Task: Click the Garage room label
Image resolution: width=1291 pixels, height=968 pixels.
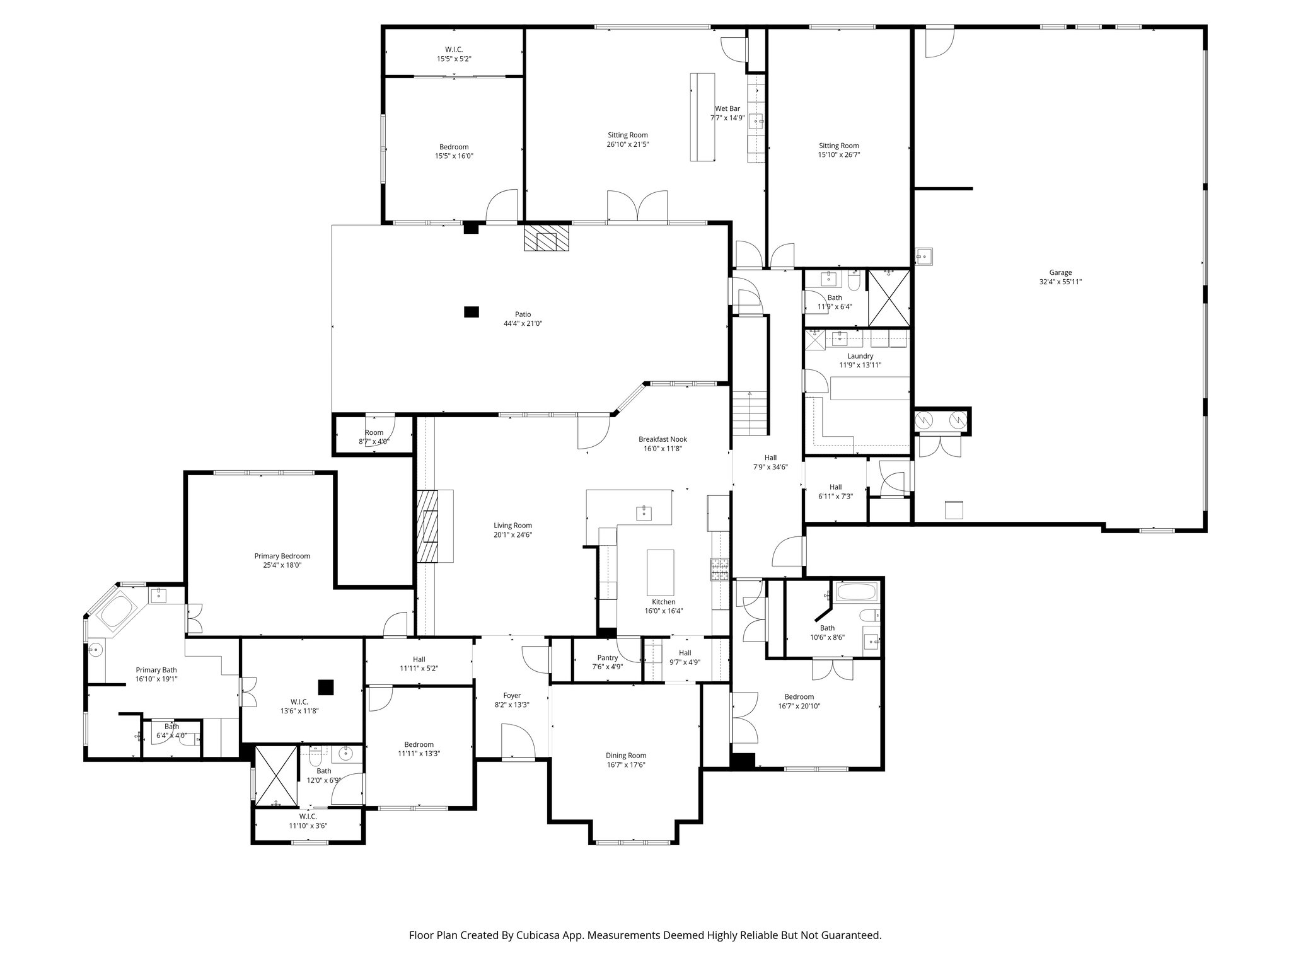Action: [x=1060, y=273]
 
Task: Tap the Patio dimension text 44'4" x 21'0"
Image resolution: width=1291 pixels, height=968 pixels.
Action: [x=523, y=323]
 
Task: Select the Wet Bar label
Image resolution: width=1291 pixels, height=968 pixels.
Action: [x=727, y=108]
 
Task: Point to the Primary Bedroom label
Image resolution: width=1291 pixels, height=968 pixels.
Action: [x=282, y=556]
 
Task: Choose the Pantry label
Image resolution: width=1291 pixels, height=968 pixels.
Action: [x=607, y=657]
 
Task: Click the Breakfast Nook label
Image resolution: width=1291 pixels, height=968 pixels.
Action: [x=662, y=439]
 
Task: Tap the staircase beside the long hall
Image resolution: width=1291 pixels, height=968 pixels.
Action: [x=750, y=413]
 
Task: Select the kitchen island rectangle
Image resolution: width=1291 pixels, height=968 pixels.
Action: [x=660, y=572]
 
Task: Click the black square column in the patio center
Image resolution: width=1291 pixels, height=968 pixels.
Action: [x=471, y=311]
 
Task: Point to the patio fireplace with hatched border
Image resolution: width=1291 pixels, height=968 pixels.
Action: [x=547, y=239]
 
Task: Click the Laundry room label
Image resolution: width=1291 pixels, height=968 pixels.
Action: [x=860, y=356]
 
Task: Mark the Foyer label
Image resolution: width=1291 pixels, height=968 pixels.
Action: [x=512, y=696]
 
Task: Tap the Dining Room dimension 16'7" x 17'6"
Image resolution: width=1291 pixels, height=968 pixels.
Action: [x=626, y=764]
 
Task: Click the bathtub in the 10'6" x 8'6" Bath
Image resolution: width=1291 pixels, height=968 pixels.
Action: [x=855, y=593]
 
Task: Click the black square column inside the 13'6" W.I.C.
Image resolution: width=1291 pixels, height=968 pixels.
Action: [x=325, y=687]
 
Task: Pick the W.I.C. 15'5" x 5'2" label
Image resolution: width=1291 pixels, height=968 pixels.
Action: [x=454, y=49]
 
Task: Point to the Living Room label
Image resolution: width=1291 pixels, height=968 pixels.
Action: [x=512, y=526]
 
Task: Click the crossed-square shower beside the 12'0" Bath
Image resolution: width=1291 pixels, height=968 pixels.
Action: [x=275, y=776]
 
